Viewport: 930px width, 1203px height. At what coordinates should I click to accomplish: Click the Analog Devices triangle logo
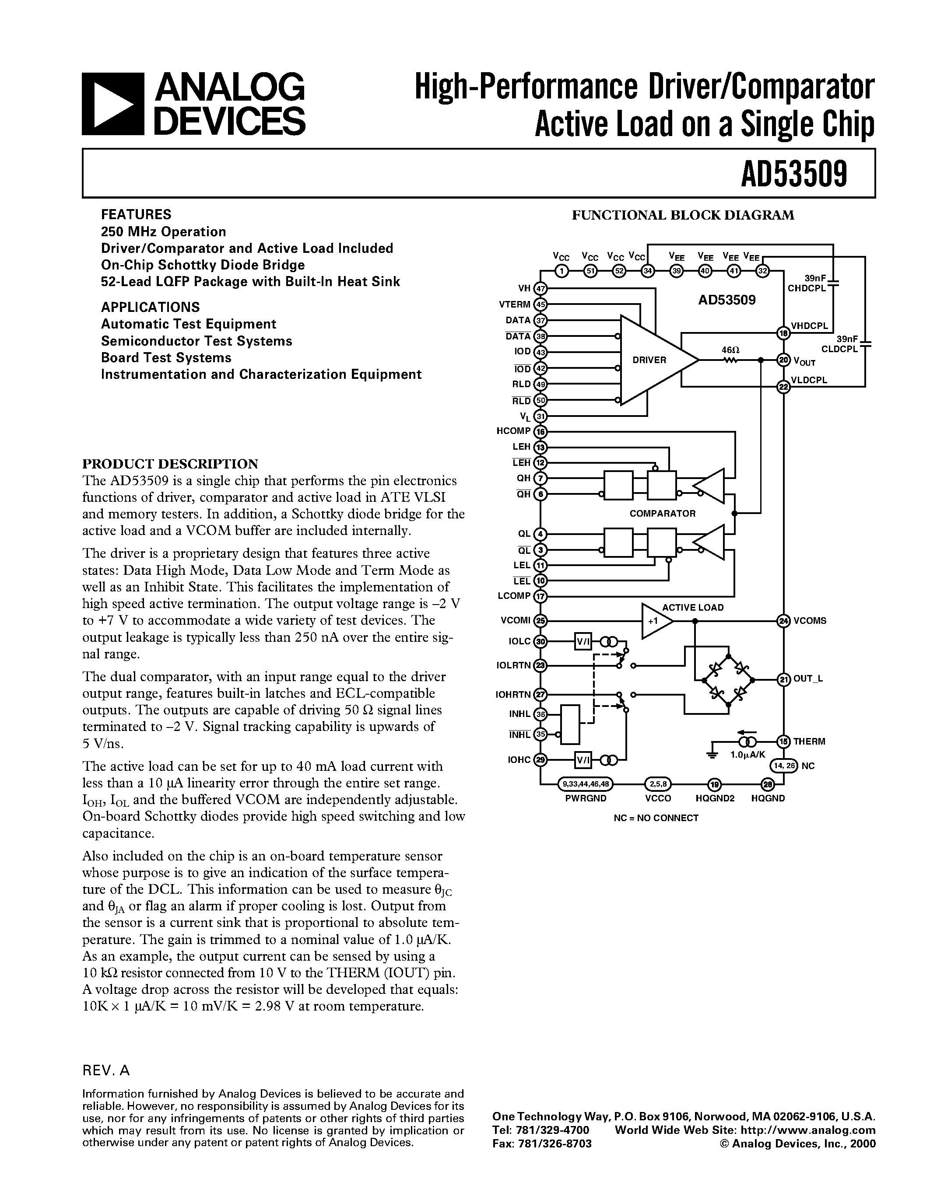tap(113, 104)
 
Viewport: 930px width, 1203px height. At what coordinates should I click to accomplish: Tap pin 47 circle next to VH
tap(541, 288)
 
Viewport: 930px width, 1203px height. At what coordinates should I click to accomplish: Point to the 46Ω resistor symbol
tap(730, 360)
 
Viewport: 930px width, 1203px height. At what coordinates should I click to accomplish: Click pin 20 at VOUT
tap(783, 360)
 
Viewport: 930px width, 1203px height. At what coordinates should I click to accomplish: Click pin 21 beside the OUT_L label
tap(783, 679)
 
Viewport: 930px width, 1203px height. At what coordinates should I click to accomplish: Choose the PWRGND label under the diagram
tap(585, 798)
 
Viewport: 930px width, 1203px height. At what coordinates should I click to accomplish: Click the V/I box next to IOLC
tap(583, 642)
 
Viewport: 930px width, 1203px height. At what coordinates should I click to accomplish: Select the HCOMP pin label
tap(513, 431)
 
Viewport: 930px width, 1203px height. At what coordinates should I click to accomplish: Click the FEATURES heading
tap(136, 214)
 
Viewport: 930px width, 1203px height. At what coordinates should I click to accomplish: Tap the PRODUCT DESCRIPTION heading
tap(170, 463)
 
